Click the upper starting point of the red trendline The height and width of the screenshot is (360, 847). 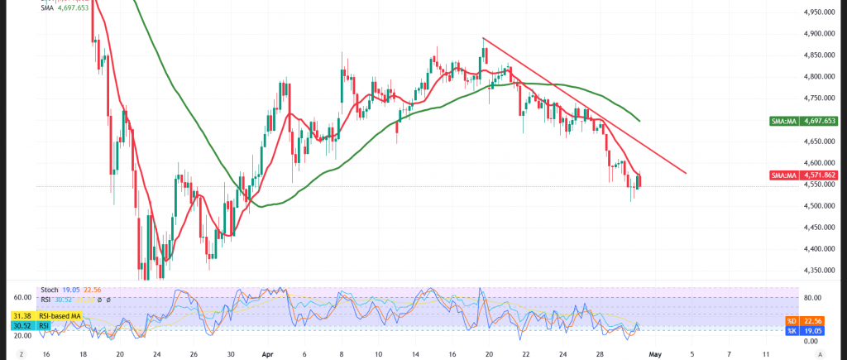coord(483,38)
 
